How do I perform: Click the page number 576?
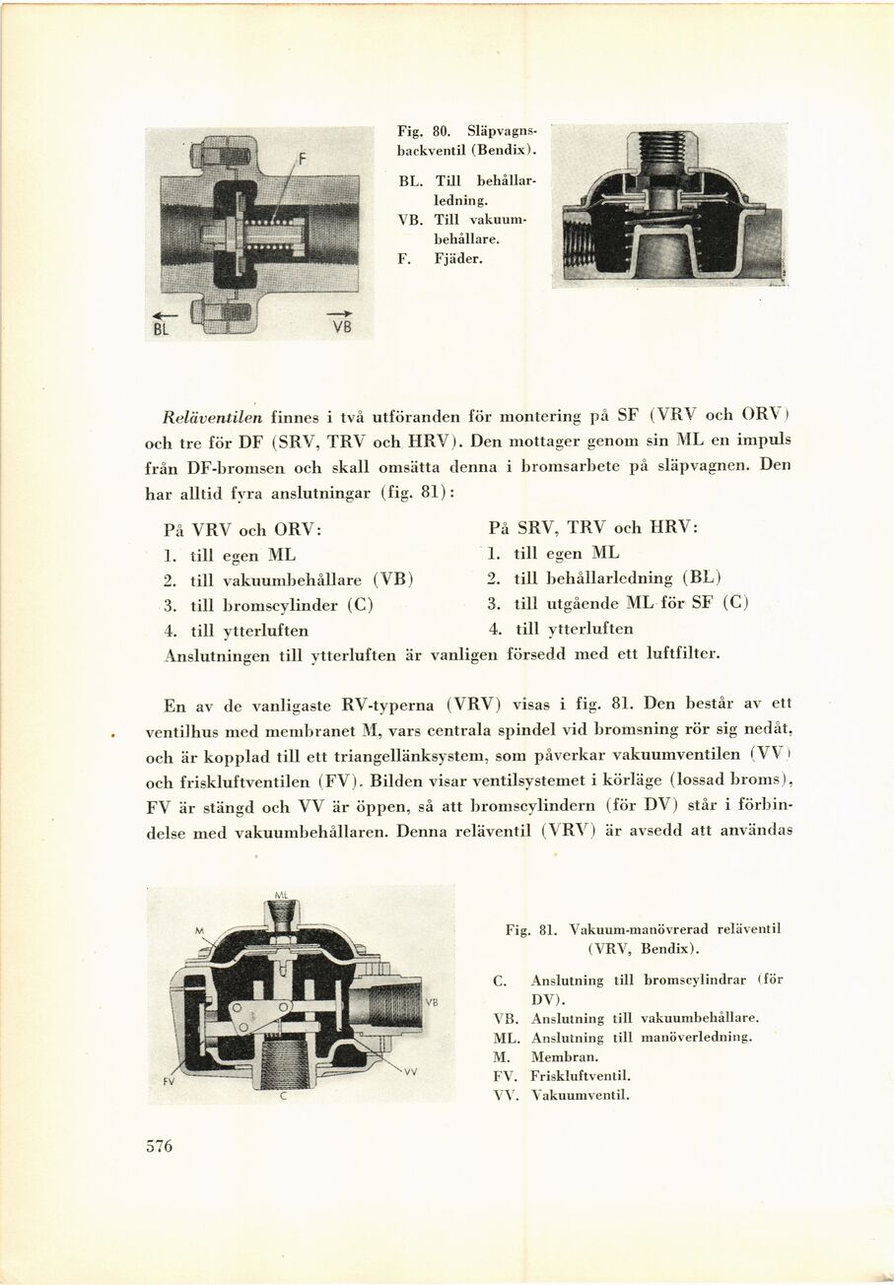(159, 1145)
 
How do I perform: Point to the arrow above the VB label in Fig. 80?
(339, 313)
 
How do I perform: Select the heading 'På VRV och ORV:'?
(243, 528)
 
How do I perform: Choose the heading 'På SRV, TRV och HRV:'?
(593, 527)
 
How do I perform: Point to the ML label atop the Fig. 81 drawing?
(280, 896)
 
